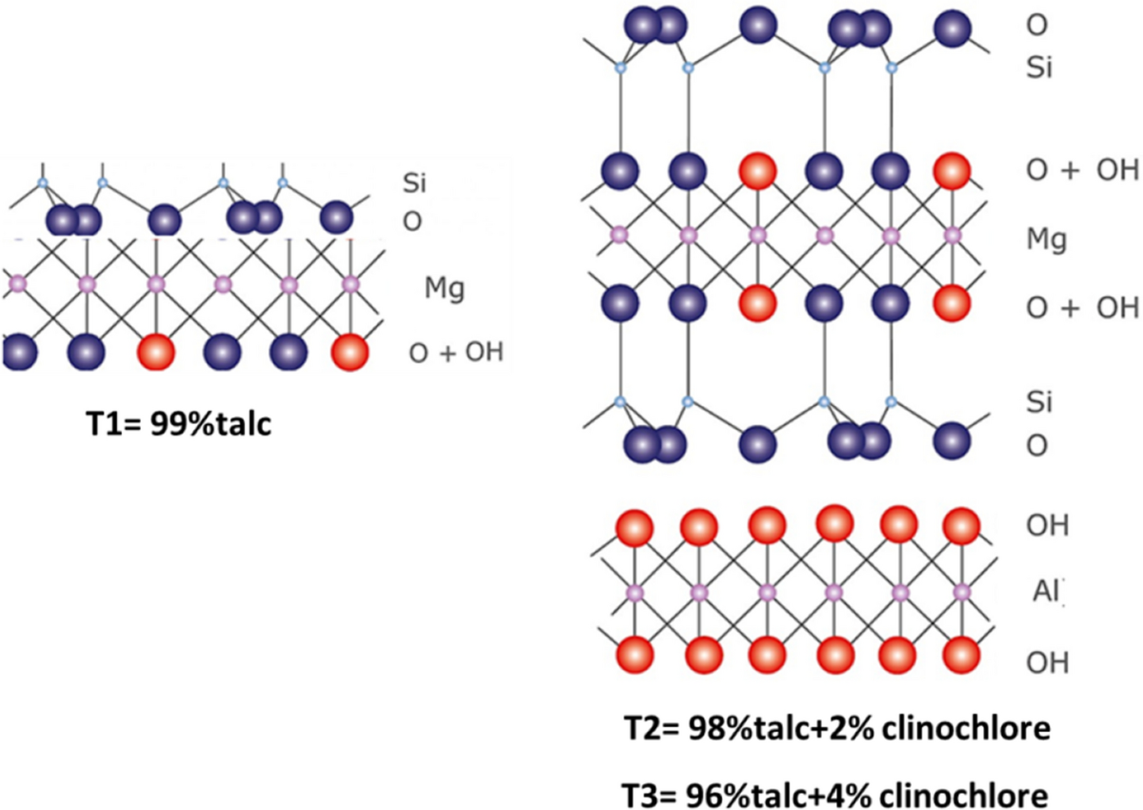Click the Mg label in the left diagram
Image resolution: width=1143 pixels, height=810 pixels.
444,288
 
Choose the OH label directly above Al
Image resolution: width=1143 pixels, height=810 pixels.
1047,526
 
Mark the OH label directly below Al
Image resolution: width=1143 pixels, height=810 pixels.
1047,660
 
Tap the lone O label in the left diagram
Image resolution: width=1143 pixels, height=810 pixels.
412,218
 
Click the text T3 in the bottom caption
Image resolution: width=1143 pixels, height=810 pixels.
646,793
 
